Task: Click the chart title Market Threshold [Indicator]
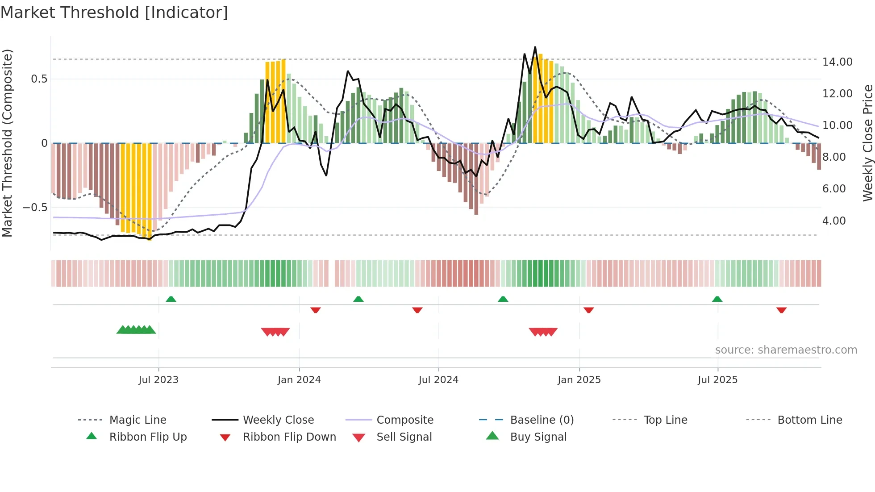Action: [x=114, y=13]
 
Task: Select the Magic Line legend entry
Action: [x=137, y=420]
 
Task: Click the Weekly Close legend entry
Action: [x=278, y=420]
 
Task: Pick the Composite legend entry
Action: [x=404, y=420]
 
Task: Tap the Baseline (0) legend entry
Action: [x=542, y=420]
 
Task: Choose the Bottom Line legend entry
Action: [x=809, y=420]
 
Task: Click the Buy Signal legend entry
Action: [x=538, y=437]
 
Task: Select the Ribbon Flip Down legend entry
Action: [x=289, y=437]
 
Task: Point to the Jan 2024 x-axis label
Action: [x=299, y=380]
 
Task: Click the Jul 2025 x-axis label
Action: [x=717, y=380]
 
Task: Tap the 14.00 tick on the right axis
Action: [x=837, y=62]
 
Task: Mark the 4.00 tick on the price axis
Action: [x=833, y=221]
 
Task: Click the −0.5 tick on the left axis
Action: [x=35, y=208]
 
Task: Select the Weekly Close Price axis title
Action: [x=867, y=143]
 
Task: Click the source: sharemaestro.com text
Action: [x=786, y=350]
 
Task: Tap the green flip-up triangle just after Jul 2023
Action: [x=171, y=299]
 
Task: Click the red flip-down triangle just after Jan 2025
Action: [x=588, y=310]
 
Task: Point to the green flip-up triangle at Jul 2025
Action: [x=717, y=299]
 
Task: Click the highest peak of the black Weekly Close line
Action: [x=535, y=47]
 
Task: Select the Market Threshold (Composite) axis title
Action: [x=7, y=143]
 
